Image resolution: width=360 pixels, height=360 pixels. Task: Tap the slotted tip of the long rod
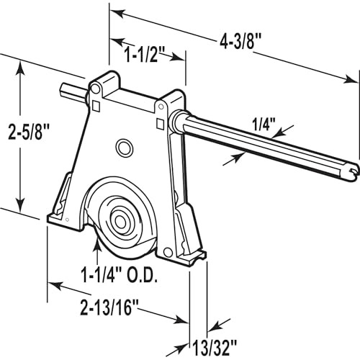click(x=351, y=169)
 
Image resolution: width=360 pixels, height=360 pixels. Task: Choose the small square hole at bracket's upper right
click(x=160, y=123)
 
